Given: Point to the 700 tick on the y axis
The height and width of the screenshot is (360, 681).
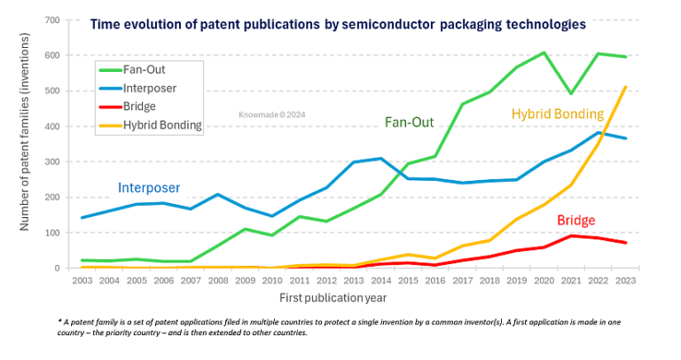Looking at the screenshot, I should point(52,20).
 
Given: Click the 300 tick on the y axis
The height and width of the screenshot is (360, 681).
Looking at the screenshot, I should point(52,161).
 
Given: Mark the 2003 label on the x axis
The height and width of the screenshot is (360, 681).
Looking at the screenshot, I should point(82,280).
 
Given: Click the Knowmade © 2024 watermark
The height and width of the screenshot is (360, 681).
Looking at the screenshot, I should point(270,114).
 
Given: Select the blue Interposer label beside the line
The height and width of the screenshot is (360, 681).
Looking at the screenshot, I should point(149,188).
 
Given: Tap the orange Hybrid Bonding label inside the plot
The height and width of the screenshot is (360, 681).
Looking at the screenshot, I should point(557,114).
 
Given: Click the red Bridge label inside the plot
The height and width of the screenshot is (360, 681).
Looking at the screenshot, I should point(575,220).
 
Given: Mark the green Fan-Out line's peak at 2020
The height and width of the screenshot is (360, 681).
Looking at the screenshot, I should point(544,52).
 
